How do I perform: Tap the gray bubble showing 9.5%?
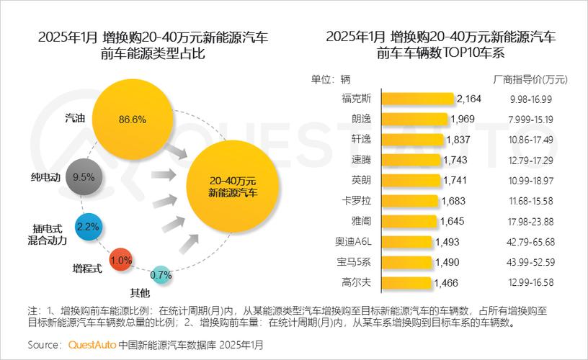pyautogui.click(x=84, y=176)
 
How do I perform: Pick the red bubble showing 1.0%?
pyautogui.click(x=120, y=260)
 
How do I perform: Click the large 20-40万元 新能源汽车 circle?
pyautogui.click(x=233, y=186)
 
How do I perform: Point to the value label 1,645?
pyautogui.click(x=453, y=221)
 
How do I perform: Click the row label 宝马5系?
pyautogui.click(x=357, y=262)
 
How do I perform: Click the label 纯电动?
pyautogui.click(x=46, y=176)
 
